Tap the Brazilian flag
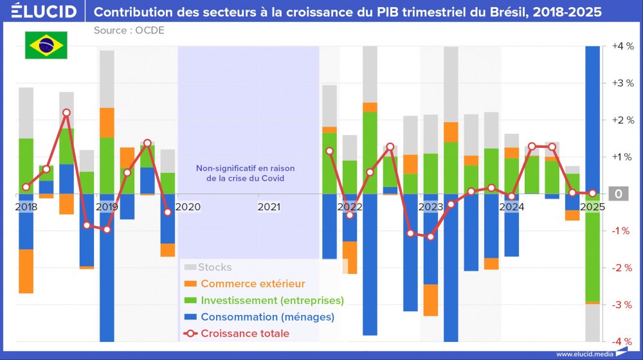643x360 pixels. click(x=46, y=45)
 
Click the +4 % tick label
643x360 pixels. click(x=623, y=46)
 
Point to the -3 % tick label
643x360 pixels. click(x=622, y=305)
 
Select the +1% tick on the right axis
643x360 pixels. click(x=622, y=157)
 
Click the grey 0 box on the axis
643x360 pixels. click(x=619, y=194)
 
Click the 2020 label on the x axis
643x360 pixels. click(x=188, y=207)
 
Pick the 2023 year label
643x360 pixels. click(x=431, y=207)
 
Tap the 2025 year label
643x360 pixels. click(x=592, y=207)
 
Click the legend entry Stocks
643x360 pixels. click(x=214, y=267)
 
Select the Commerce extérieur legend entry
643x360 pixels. click(x=252, y=283)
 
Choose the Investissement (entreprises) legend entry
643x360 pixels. click(x=272, y=300)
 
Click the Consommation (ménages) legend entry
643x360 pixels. click(x=267, y=317)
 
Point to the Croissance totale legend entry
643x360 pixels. click(x=244, y=334)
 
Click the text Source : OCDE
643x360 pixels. click(x=129, y=30)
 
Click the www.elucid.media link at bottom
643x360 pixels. click(x=582, y=354)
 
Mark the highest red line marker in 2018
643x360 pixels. click(x=66, y=113)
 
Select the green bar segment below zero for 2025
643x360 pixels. click(x=592, y=248)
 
